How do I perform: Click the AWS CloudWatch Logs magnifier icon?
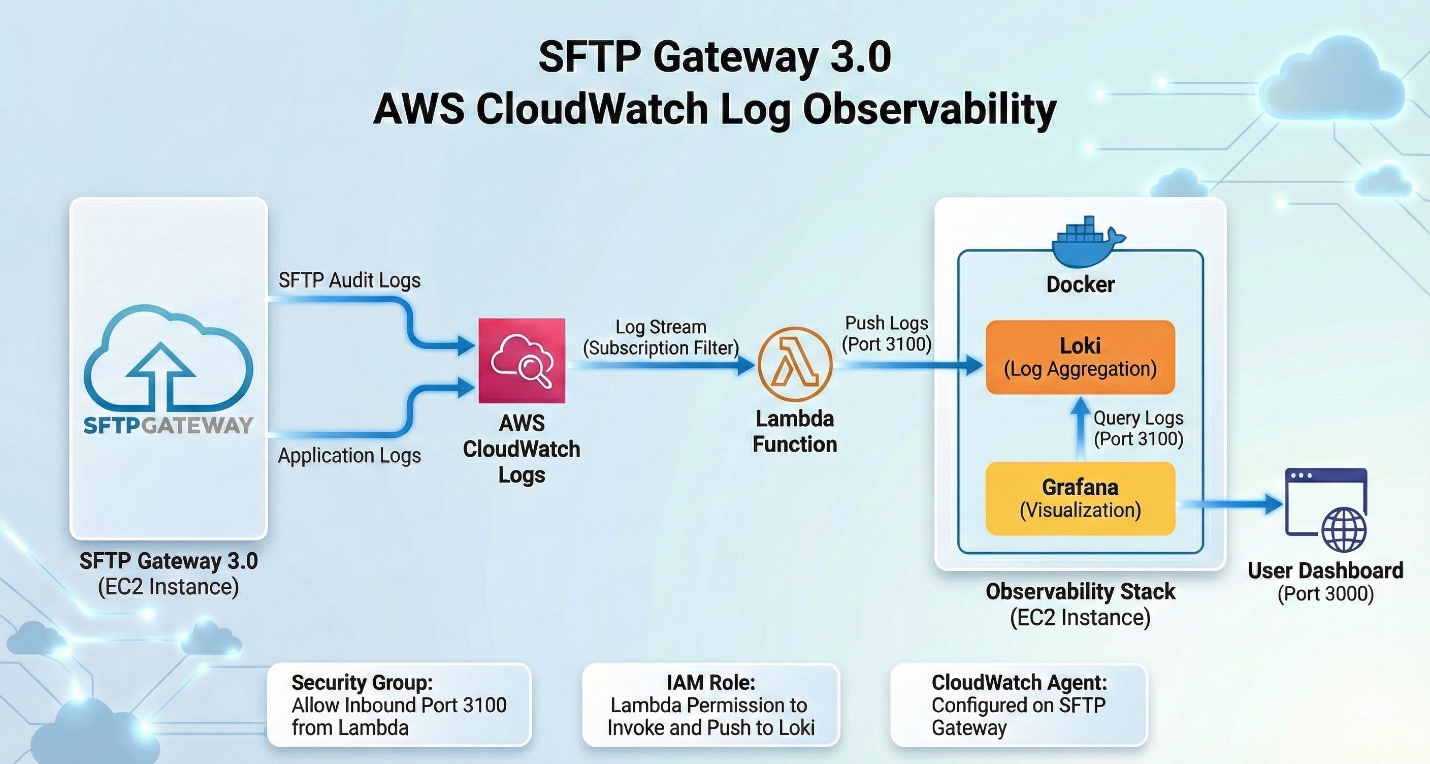coord(522,360)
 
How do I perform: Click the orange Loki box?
coord(1080,357)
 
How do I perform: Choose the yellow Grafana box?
coord(1080,498)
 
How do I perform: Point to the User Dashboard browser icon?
coord(1325,510)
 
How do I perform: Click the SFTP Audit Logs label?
coord(349,280)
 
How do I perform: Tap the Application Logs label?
coord(349,455)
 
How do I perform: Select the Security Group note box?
coord(399,705)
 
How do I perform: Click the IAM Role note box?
coord(710,705)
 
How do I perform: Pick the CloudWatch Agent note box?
coord(1019,705)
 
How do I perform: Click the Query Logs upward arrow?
coord(1080,428)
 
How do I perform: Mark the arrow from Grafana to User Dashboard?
coord(1229,504)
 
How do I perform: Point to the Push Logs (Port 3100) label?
coord(887,333)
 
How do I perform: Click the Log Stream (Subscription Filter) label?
coord(661,337)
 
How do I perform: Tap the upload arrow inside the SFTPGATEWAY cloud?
coord(160,372)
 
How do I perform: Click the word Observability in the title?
coord(929,109)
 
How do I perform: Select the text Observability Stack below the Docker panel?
coord(1080,591)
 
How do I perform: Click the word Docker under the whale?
coord(1080,284)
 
